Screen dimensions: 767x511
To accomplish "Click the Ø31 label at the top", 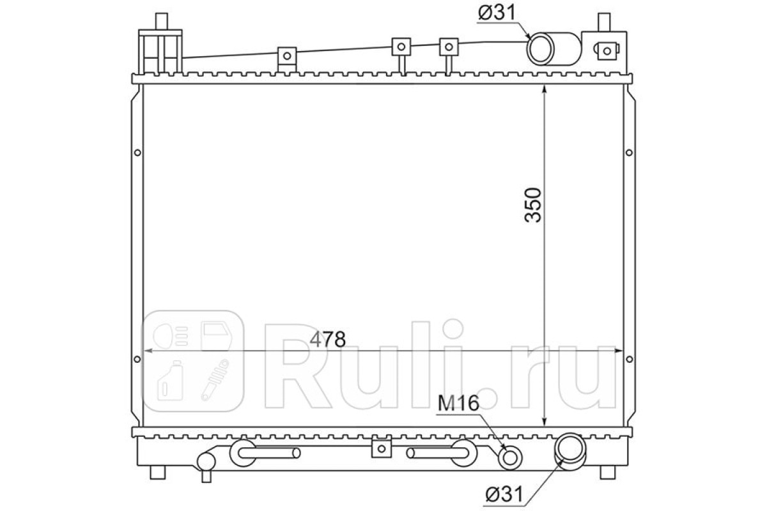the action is pyautogui.click(x=497, y=13).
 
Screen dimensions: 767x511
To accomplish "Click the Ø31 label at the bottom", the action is pyautogui.click(x=504, y=494).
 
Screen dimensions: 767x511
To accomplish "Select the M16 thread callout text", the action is pyautogui.click(x=458, y=403).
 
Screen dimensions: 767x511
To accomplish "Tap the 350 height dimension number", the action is pyautogui.click(x=533, y=205).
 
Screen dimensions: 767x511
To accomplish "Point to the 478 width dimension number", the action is pyautogui.click(x=328, y=339).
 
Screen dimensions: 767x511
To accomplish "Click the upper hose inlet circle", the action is pyautogui.click(x=540, y=49).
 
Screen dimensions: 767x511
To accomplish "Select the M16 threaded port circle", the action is pyautogui.click(x=510, y=458).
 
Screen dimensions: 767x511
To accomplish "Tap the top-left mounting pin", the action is pyautogui.click(x=162, y=21).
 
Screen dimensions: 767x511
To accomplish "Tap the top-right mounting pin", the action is pyautogui.click(x=605, y=22).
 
